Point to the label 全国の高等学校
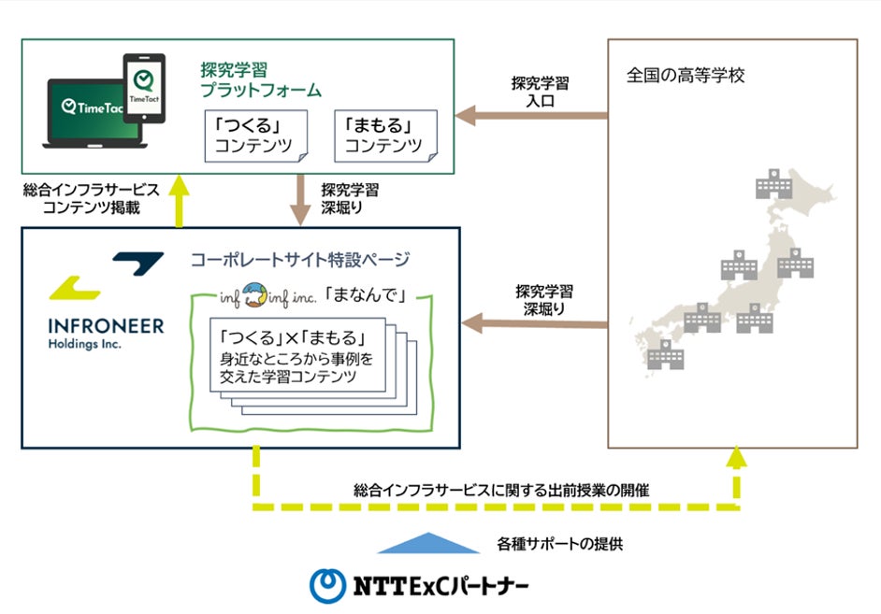click(x=686, y=76)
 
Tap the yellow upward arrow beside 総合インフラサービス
click(x=180, y=200)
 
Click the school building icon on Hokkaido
click(x=773, y=184)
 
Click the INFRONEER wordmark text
click(x=105, y=326)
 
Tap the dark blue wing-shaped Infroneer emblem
click(x=137, y=263)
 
